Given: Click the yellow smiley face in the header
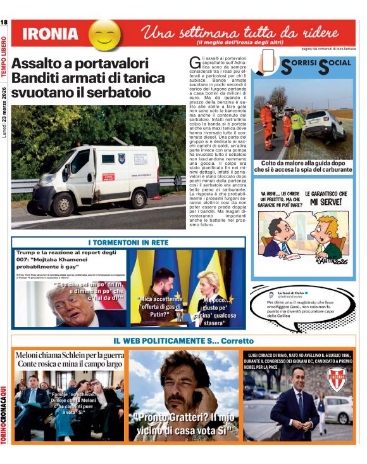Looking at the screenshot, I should coord(104,34).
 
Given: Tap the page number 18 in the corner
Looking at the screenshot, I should coord(4,23).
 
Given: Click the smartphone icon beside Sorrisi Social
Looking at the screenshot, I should coord(268,61).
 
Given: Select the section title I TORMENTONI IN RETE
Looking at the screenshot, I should coord(128,243).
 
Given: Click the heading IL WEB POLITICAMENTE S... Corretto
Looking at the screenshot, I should coord(183,341).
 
